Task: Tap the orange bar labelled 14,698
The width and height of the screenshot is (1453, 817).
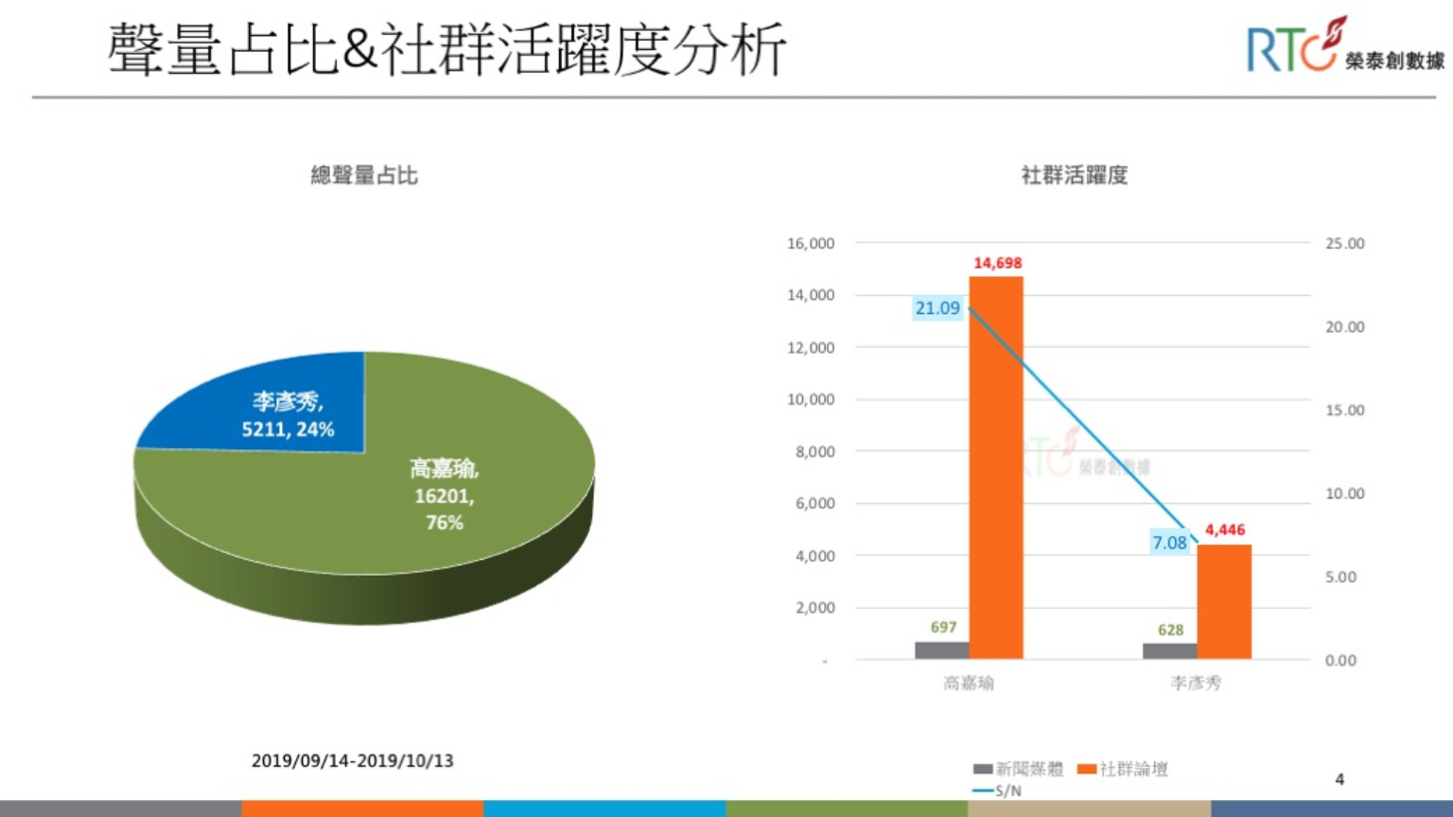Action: [996, 468]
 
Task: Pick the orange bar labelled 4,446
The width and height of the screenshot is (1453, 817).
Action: [1225, 602]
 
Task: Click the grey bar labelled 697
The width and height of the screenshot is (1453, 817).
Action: [942, 651]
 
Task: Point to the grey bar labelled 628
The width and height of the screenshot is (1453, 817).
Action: [1170, 651]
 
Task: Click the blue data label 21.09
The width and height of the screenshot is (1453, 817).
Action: [937, 308]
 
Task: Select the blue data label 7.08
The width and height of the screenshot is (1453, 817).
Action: [1169, 542]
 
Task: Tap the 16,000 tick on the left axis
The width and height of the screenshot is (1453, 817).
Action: [811, 244]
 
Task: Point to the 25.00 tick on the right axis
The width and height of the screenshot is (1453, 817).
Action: [1345, 244]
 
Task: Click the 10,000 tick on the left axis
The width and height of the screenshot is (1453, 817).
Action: [811, 399]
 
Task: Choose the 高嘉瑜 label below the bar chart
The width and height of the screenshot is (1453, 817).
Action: [969, 683]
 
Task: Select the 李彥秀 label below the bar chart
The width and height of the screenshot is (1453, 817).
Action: [1196, 683]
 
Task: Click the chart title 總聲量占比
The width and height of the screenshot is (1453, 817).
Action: [364, 175]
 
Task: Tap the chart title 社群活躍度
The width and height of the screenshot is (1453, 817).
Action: [1075, 175]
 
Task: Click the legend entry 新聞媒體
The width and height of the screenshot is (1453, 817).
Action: [1019, 769]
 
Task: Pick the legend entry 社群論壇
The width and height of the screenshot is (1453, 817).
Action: [1123, 769]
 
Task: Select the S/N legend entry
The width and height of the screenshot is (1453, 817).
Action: [998, 791]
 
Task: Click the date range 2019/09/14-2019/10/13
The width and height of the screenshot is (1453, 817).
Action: [352, 760]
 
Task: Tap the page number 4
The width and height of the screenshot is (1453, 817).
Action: [1339, 779]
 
